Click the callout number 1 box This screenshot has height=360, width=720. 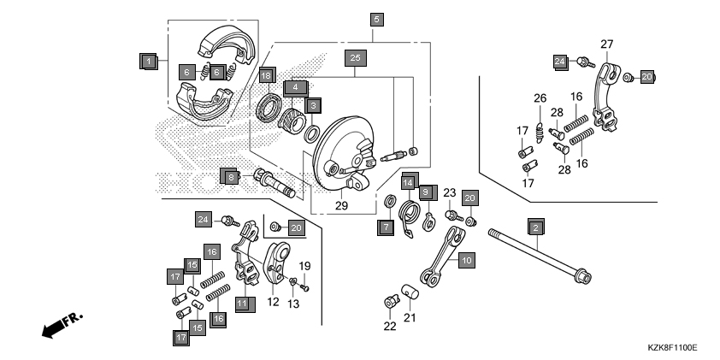[147, 62]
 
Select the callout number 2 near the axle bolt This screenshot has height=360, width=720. [535, 228]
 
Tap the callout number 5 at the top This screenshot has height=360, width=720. [376, 18]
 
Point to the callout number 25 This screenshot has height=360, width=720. [357, 58]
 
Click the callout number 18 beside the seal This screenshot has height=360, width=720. [267, 75]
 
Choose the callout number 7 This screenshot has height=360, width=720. [386, 227]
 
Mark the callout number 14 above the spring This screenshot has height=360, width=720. [408, 182]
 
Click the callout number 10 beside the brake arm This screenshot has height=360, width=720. [465, 259]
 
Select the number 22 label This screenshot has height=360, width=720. [390, 326]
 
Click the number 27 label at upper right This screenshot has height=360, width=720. [606, 44]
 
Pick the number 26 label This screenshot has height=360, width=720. [540, 97]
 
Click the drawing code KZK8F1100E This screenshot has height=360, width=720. [672, 348]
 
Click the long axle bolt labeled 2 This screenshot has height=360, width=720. [539, 255]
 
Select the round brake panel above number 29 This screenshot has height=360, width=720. [342, 158]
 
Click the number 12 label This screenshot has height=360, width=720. [274, 301]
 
